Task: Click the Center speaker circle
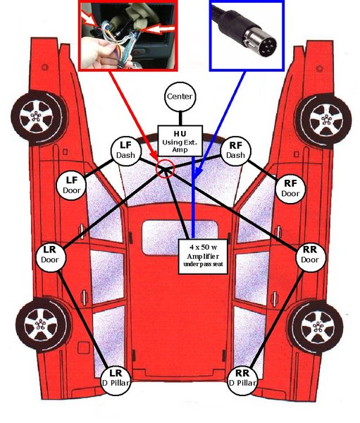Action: click(179, 97)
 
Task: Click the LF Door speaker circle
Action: click(73, 183)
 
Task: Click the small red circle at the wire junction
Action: click(165, 168)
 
